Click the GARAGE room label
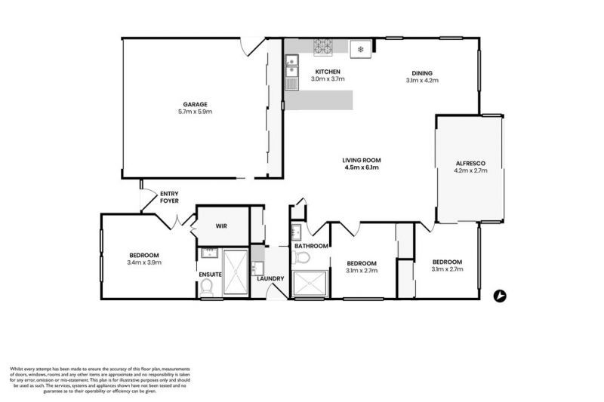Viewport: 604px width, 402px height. tap(194, 104)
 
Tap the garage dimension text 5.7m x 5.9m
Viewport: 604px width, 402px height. tap(194, 112)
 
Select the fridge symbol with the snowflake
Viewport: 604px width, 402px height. tap(361, 49)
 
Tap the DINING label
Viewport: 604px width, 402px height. tap(422, 72)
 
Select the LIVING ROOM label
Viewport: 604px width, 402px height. tap(361, 160)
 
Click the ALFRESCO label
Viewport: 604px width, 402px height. tap(470, 163)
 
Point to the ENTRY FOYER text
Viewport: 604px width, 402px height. tap(169, 198)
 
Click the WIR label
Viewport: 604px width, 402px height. tap(221, 226)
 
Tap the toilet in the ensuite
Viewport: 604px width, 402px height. tap(207, 284)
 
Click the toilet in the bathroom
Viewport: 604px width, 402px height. tap(302, 258)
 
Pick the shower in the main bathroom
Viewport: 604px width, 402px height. tap(311, 284)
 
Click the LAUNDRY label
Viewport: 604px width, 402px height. tap(270, 279)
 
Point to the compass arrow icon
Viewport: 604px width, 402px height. tap(498, 296)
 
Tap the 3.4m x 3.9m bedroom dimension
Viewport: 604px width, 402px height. tap(145, 262)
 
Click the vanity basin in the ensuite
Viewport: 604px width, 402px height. tap(208, 253)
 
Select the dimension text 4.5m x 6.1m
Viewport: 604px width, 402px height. tap(361, 168)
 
